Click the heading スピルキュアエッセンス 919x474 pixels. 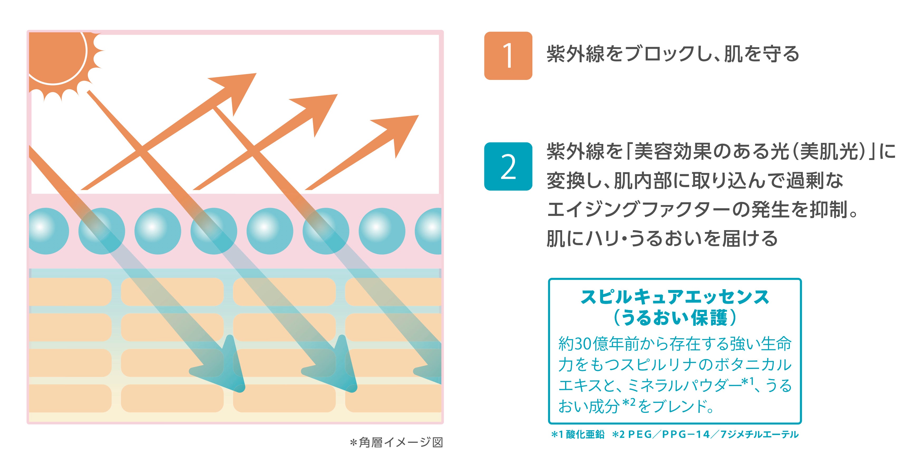[675, 297]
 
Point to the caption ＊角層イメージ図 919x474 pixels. [396, 443]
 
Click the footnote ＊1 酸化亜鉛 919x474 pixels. [578, 434]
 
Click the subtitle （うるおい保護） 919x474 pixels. [675, 318]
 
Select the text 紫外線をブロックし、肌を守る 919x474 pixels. [673, 54]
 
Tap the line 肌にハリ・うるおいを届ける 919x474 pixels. [662, 238]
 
